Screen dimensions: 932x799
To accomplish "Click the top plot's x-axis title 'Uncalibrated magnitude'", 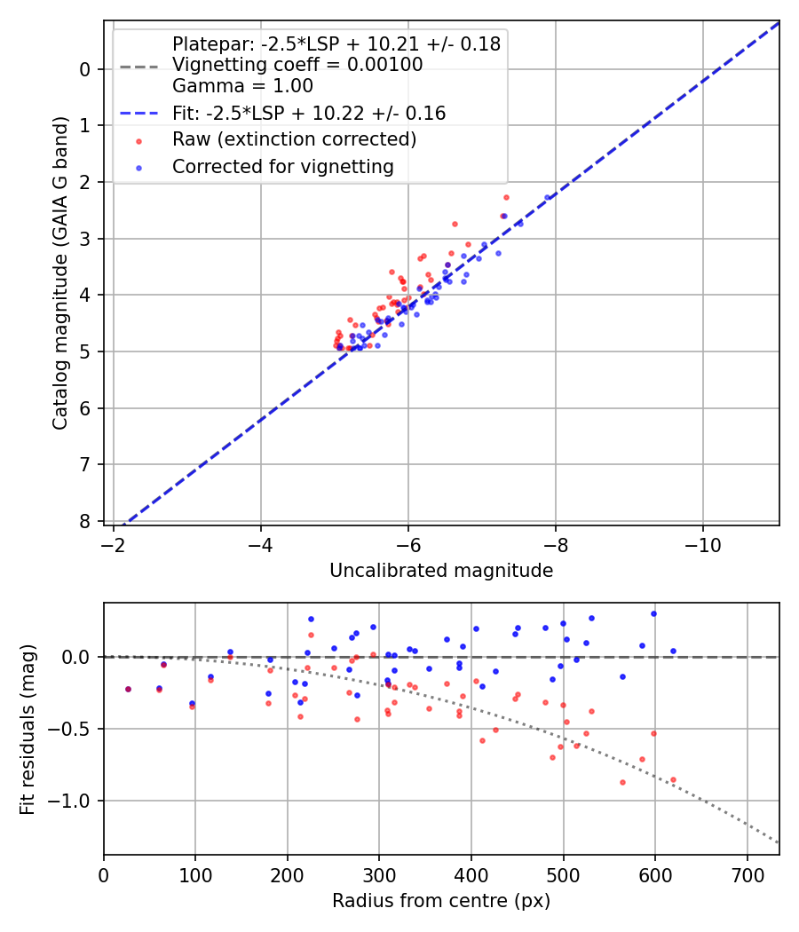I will [x=441, y=571].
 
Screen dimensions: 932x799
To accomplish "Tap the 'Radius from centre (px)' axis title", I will [x=441, y=901].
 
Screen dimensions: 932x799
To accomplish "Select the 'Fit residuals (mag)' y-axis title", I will [x=28, y=729].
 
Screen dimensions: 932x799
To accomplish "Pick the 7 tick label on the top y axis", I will [x=85, y=464].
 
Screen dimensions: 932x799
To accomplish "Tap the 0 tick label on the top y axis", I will [x=85, y=69].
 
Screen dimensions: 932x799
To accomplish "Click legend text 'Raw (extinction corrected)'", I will [x=294, y=139].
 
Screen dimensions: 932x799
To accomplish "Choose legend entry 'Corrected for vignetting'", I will [x=282, y=166].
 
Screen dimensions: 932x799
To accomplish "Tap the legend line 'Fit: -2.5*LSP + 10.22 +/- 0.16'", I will [x=308, y=114].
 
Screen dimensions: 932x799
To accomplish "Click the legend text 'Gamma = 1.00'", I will [x=242, y=87].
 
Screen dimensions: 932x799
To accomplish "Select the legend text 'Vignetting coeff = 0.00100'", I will [x=297, y=65].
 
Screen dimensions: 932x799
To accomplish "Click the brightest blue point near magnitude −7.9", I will [x=547, y=197].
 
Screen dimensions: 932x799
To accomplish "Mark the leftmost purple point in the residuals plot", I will [x=128, y=689].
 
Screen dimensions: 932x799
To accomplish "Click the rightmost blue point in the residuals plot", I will [x=673, y=651].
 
